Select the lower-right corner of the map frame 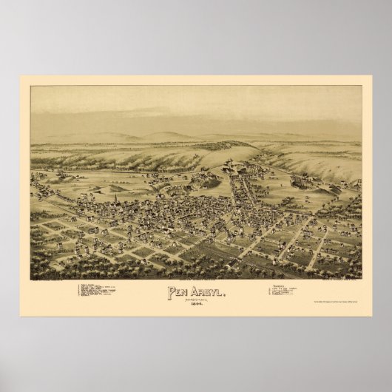[362, 279]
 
